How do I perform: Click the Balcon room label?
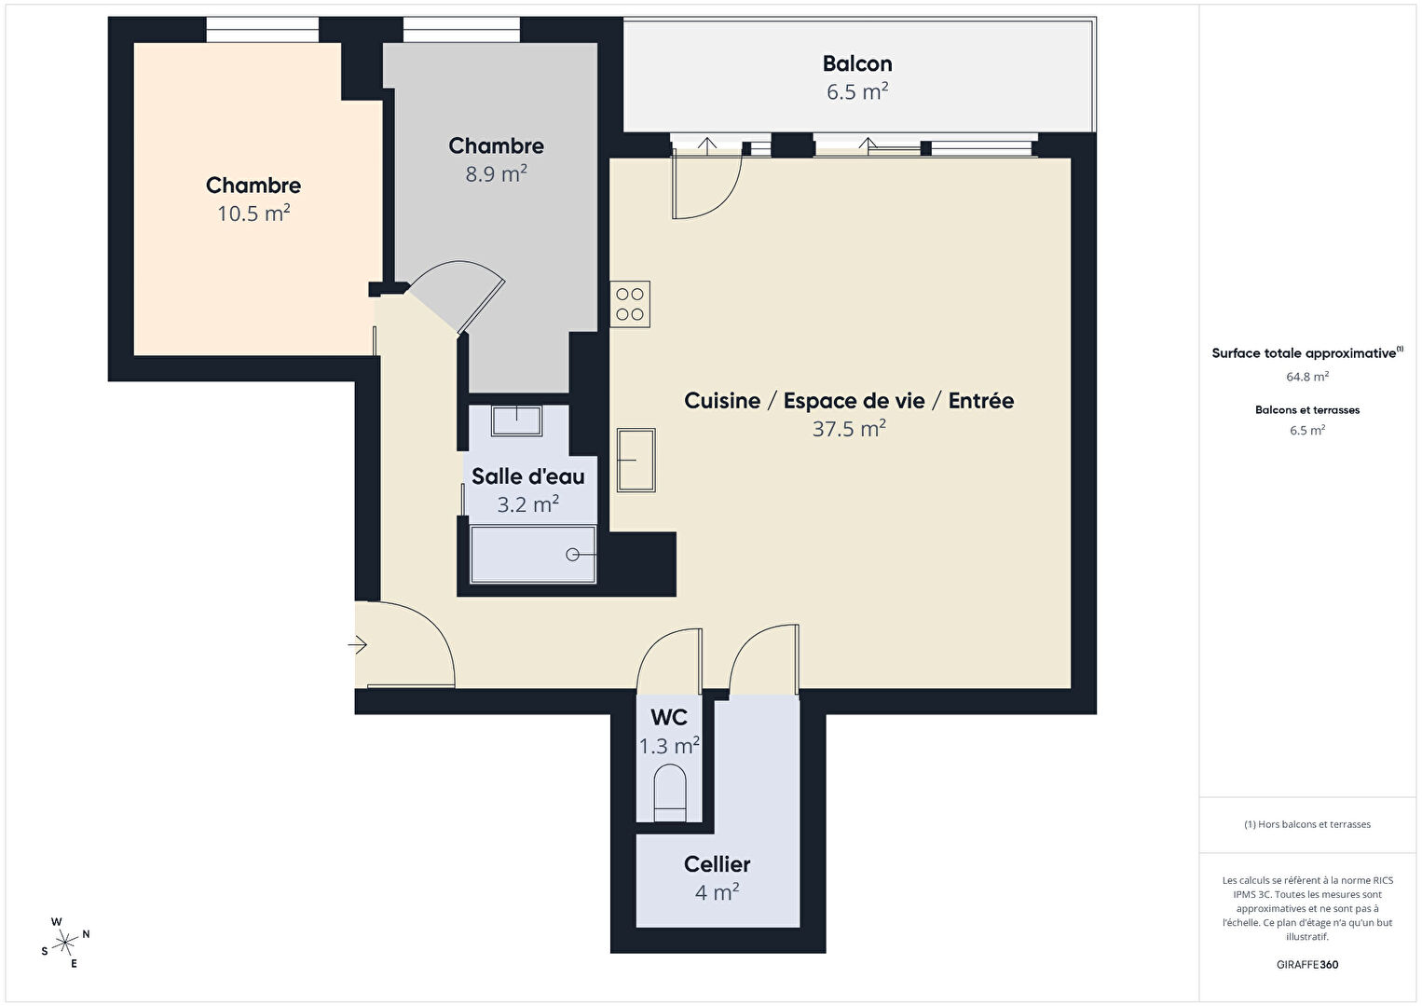[857, 63]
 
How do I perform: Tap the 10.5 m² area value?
[253, 213]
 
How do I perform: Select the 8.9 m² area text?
[496, 172]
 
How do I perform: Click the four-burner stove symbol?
[630, 304]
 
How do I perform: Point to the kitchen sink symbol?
[636, 460]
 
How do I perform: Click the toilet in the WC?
[670, 793]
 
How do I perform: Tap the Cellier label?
[717, 864]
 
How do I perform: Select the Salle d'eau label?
[528, 476]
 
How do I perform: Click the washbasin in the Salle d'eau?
[517, 421]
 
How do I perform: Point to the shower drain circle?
[572, 555]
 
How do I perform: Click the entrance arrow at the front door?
[358, 645]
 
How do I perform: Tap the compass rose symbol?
[65, 943]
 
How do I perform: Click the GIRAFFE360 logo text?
[1307, 964]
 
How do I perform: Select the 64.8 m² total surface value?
[1307, 376]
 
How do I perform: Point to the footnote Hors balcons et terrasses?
[1307, 823]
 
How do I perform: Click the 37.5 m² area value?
[849, 429]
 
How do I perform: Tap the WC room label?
[669, 717]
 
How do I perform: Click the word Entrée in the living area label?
[981, 400]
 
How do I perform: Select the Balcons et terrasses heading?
[1307, 409]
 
